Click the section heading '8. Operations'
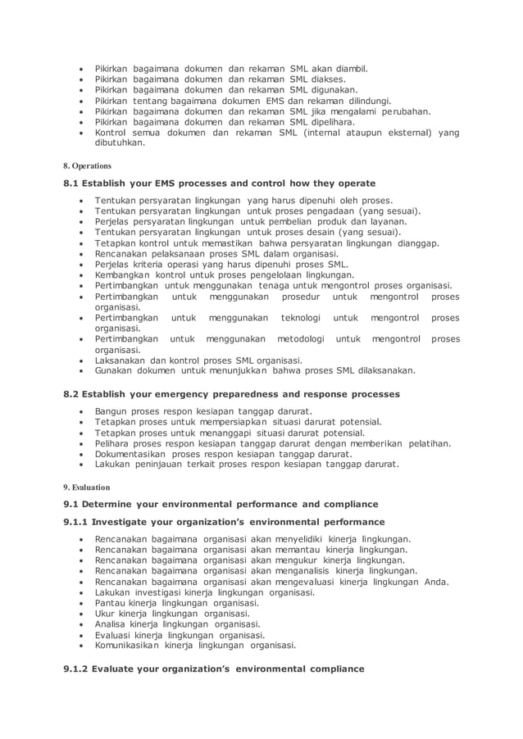pos(88,165)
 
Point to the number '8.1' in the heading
pos(73,184)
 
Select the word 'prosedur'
pos(292,297)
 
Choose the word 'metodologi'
pos(300,338)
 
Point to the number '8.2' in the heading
pos(73,394)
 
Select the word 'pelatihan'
pos(427,443)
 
